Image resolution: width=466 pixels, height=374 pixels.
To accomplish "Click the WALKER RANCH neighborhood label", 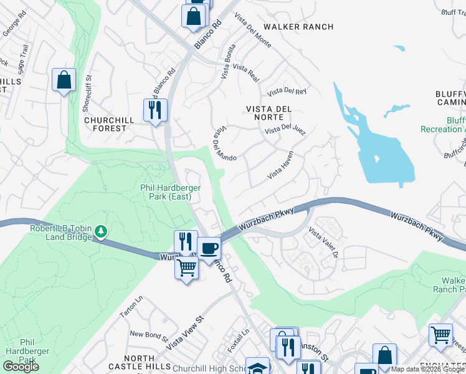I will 298,27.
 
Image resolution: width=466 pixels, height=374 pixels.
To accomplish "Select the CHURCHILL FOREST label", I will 114,124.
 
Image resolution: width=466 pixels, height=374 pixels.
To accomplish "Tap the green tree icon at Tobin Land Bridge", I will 101,232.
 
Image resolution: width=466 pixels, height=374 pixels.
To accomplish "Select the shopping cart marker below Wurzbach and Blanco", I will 186,268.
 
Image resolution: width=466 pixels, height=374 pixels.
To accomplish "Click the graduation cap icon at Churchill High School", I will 257,367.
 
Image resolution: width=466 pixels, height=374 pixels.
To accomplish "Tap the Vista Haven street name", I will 285,166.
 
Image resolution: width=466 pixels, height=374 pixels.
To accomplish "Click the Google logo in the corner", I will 21,367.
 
